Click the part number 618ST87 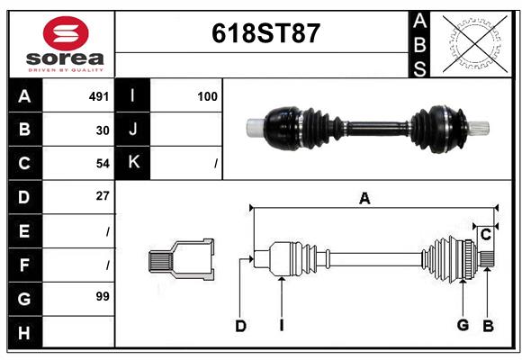pos(265,33)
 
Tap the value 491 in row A pos(98,95)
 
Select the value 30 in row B pos(102,130)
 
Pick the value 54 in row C pos(102,163)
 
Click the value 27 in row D pos(102,196)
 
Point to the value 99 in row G pos(102,296)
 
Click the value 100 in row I pos(207,95)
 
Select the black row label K pos(133,163)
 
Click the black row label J pos(133,130)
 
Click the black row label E pos(24,230)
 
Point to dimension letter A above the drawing pos(364,199)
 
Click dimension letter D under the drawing pos(240,326)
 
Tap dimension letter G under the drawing pos(463,325)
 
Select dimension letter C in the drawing pos(485,235)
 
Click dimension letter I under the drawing pos(282,326)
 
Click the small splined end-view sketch pos(181,260)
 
